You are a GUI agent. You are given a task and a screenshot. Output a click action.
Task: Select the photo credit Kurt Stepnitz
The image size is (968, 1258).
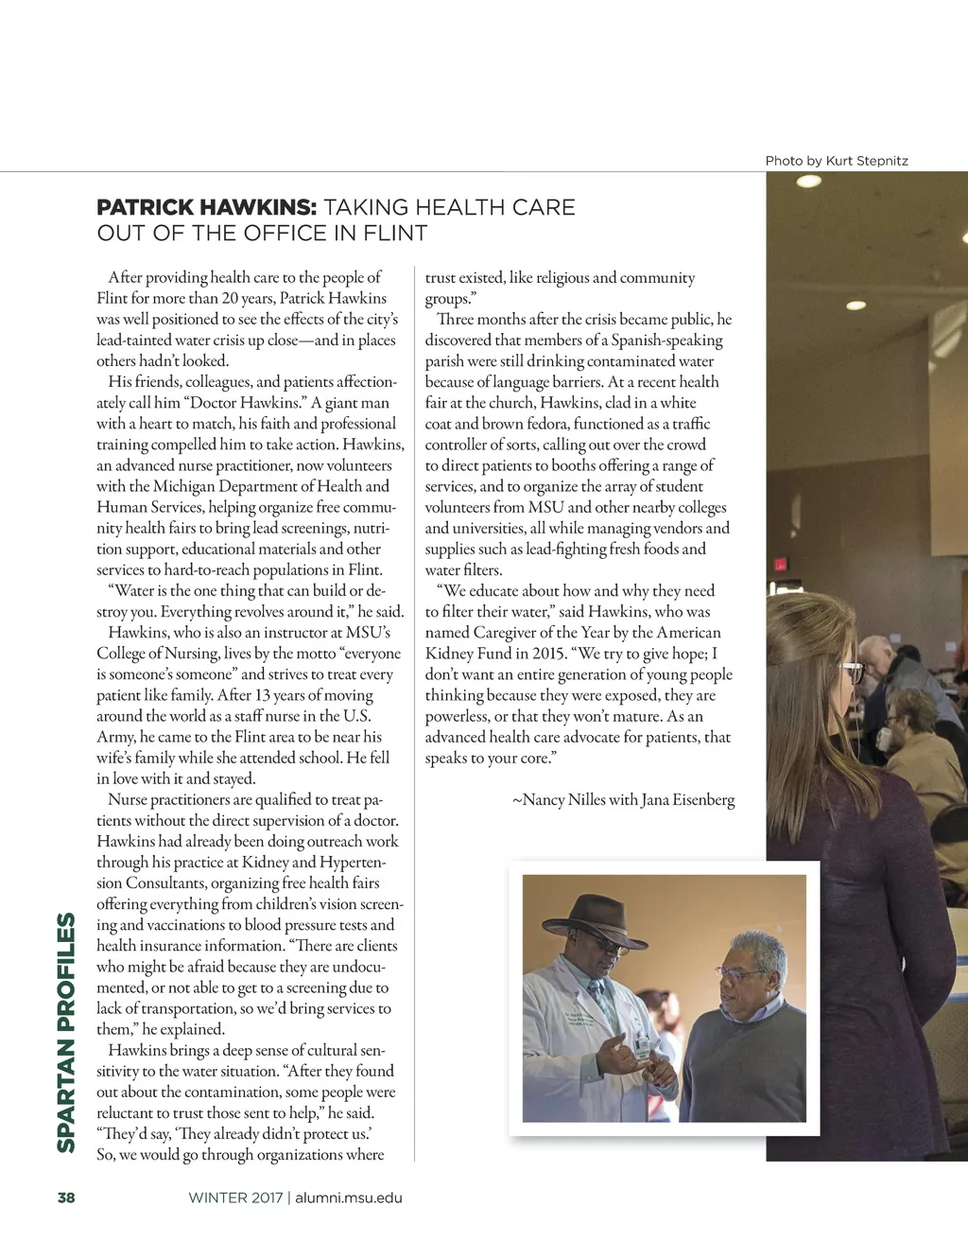[x=867, y=161]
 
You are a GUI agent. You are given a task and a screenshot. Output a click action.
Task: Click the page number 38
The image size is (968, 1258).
[x=66, y=1197]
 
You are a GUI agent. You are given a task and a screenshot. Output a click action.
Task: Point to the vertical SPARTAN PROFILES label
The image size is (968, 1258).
[x=66, y=1032]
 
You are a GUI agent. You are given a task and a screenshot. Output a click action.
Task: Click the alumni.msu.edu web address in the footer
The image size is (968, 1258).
[x=349, y=1197]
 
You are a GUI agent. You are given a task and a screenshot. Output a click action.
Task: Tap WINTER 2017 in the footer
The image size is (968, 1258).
[x=235, y=1197]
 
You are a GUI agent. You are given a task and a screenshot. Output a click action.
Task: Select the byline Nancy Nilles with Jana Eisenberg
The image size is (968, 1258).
[x=623, y=800]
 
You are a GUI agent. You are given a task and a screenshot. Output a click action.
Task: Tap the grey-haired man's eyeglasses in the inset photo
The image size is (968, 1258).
[x=741, y=973]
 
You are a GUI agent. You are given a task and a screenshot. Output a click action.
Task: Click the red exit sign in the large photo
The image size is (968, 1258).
[x=780, y=565]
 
